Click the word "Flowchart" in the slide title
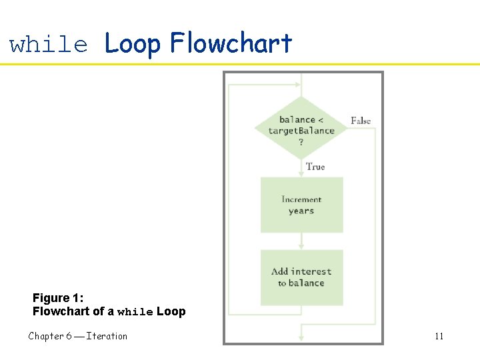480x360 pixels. (x=231, y=43)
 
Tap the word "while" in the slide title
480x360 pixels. (x=49, y=45)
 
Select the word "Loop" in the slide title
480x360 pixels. (x=133, y=43)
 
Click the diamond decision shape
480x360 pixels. (x=301, y=127)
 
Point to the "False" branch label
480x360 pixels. (x=361, y=121)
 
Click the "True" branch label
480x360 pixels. (x=315, y=167)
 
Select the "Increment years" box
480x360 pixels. (x=301, y=205)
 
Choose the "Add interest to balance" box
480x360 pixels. (x=301, y=277)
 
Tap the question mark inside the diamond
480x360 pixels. (x=301, y=141)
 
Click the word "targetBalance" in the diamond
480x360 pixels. (x=301, y=131)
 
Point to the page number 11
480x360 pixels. (x=439, y=336)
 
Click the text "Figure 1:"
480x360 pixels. (x=58, y=298)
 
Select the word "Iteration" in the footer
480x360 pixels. (x=107, y=336)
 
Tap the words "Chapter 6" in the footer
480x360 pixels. (x=51, y=336)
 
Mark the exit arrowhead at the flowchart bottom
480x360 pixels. (x=301, y=337)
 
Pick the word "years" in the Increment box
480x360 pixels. (x=301, y=211)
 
